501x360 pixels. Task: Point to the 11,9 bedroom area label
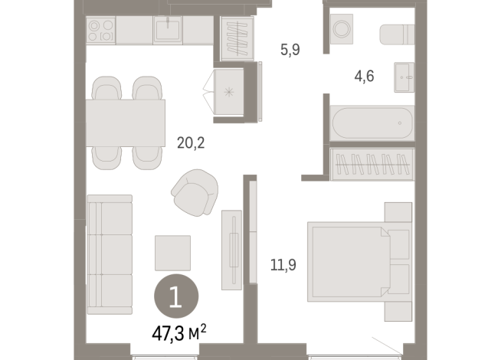(x=283, y=267)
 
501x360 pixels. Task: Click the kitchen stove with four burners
(x=100, y=31)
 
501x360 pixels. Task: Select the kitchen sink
(x=166, y=31)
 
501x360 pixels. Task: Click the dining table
(x=127, y=123)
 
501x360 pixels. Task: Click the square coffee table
(x=173, y=252)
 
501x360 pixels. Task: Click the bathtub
(x=371, y=123)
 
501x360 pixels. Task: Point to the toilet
(x=397, y=35)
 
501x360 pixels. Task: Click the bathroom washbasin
(x=404, y=77)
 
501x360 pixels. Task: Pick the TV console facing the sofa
(x=231, y=249)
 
